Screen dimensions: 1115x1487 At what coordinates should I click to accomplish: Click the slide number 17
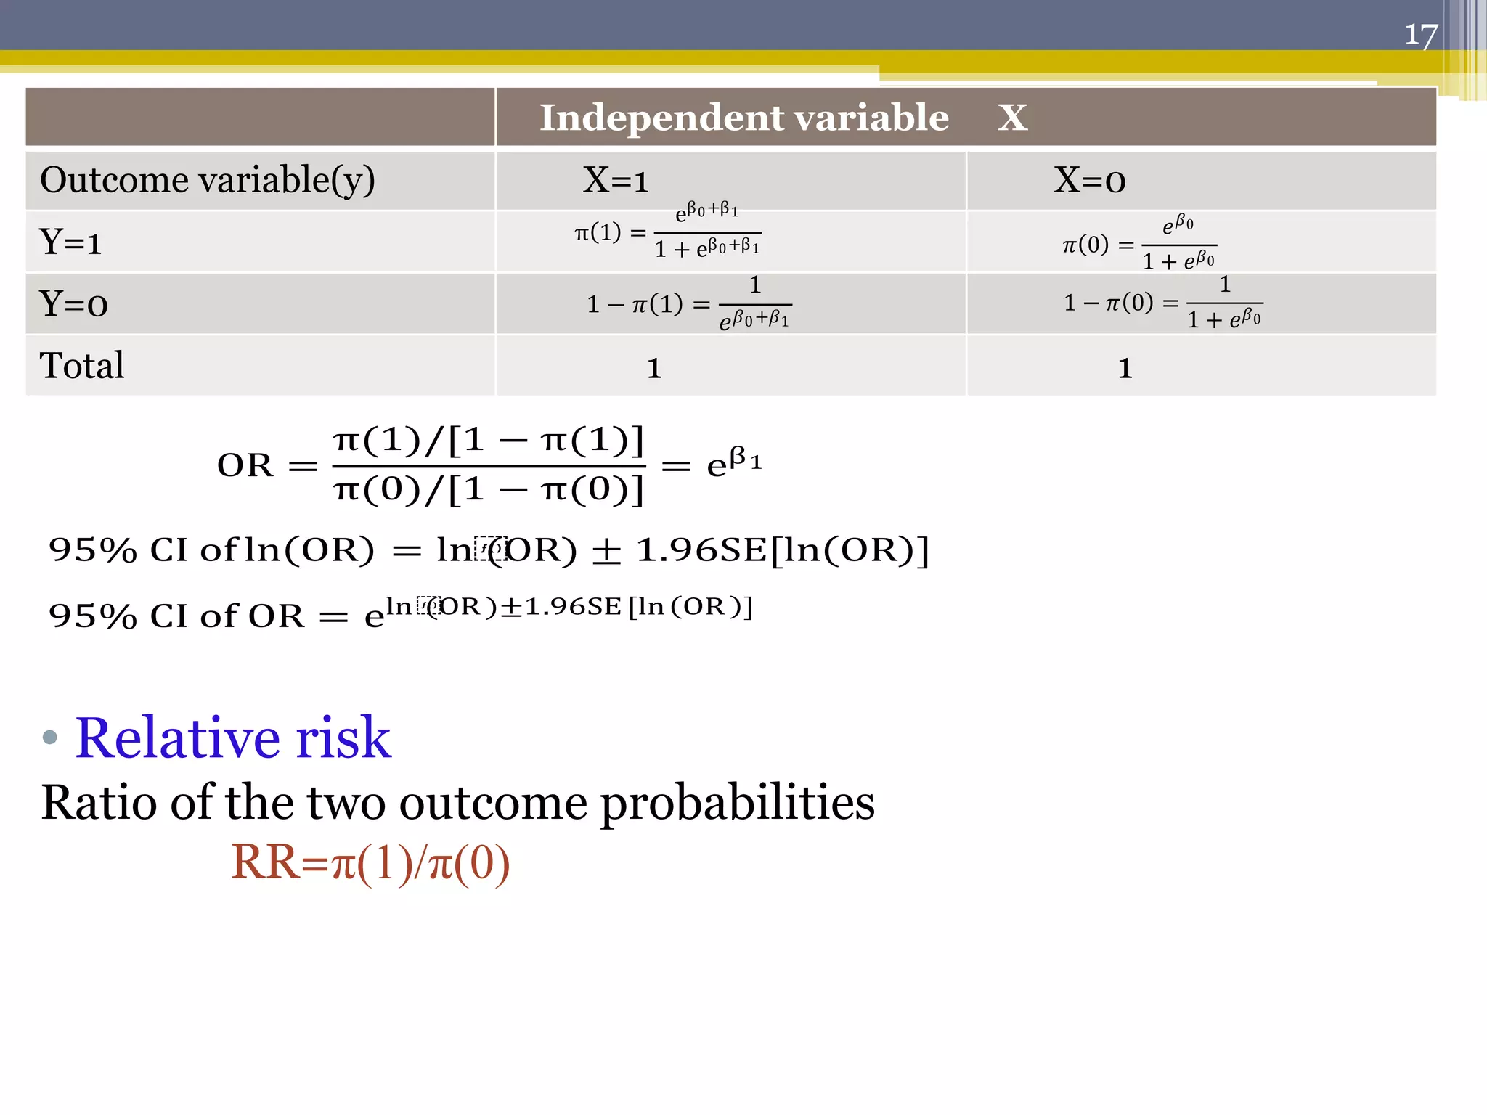click(x=1421, y=35)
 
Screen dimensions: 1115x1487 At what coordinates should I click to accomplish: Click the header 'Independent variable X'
click(x=783, y=118)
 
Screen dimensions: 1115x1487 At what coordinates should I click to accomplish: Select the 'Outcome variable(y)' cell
click(x=208, y=180)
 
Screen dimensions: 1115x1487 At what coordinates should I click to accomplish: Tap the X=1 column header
click(x=616, y=180)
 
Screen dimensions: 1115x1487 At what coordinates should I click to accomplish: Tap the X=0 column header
click(x=1089, y=180)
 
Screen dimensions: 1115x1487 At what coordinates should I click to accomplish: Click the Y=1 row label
click(x=70, y=242)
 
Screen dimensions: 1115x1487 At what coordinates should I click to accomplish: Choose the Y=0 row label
click(x=73, y=303)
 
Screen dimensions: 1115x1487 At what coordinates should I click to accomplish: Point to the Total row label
click(x=81, y=365)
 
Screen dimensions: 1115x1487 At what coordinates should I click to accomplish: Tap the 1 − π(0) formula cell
click(x=1162, y=302)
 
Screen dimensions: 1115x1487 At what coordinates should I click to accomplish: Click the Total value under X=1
click(x=654, y=368)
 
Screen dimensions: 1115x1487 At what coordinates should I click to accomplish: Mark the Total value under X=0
click(x=1125, y=368)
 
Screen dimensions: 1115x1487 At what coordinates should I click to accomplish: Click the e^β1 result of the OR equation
click(x=733, y=462)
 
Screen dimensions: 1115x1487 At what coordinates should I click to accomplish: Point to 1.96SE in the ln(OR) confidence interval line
click(x=701, y=550)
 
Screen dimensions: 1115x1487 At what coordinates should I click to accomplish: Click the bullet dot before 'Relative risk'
click(x=49, y=738)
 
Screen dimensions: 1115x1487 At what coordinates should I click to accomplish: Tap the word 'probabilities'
click(x=737, y=803)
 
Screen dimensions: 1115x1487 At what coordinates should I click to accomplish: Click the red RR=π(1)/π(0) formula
click(x=370, y=863)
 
